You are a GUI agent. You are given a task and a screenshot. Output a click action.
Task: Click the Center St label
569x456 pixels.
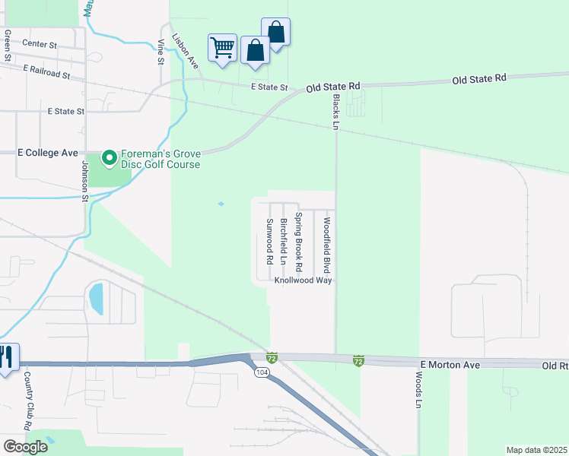pos(40,45)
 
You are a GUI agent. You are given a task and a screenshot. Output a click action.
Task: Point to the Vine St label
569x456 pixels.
pos(161,51)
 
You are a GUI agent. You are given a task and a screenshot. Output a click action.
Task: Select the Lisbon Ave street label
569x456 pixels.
pos(185,51)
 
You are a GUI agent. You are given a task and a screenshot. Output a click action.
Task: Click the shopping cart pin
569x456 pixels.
pos(223,48)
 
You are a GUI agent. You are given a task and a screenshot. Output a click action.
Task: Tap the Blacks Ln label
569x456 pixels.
pos(335,111)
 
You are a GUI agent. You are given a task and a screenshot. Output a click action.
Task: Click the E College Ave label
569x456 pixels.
pos(48,153)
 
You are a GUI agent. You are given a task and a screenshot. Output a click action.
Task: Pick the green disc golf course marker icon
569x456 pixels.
pos(109,158)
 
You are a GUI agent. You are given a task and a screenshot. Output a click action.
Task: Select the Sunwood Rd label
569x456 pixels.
pos(269,241)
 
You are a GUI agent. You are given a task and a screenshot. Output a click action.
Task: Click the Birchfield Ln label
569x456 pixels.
pos(283,242)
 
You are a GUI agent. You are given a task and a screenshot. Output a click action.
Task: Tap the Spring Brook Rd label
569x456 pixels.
pos(299,242)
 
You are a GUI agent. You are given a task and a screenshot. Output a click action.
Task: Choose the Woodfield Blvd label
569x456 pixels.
pos(326,245)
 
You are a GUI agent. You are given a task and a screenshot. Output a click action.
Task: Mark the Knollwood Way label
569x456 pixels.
pos(304,280)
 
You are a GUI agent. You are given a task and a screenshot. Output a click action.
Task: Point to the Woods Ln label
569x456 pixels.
pos(418,391)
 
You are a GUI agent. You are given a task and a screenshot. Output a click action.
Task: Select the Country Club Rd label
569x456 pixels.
pos(27,401)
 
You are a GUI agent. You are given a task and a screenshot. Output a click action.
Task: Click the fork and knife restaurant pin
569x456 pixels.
pos(7,357)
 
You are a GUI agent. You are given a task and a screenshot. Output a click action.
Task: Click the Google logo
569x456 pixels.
pos(25,447)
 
